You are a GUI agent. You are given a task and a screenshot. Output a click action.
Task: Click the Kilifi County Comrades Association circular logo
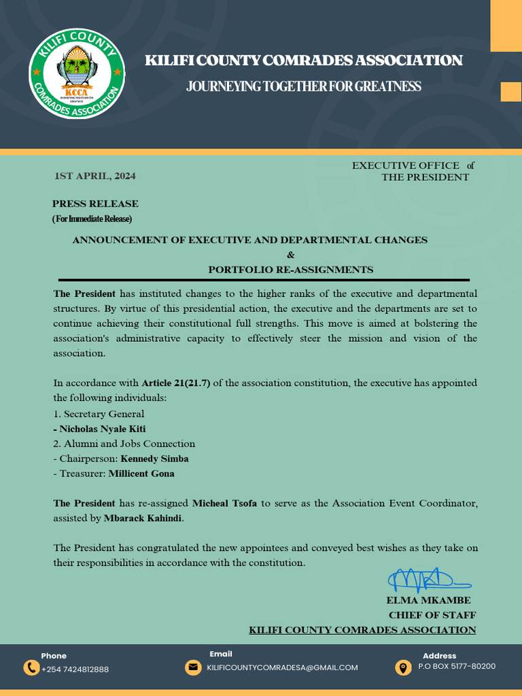[x=76, y=73]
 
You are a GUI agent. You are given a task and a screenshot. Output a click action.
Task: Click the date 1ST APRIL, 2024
[x=95, y=176]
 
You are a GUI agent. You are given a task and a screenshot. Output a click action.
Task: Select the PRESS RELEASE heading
[x=95, y=204]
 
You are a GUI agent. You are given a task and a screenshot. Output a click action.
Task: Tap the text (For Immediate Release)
[x=92, y=219]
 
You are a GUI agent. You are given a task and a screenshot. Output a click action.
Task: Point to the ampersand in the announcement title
[x=291, y=255]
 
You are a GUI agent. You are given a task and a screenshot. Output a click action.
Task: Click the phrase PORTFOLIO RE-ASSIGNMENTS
[x=291, y=270]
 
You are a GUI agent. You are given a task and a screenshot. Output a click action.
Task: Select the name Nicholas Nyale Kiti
[x=102, y=429]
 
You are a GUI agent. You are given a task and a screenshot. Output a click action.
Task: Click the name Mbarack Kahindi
[x=143, y=519]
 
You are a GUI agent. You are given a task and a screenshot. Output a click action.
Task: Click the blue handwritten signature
[x=428, y=580]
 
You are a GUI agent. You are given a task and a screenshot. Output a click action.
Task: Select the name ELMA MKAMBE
[x=428, y=601]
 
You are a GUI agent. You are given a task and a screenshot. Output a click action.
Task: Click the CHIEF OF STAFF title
[x=432, y=615]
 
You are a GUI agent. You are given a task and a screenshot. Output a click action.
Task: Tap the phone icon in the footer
[x=31, y=667]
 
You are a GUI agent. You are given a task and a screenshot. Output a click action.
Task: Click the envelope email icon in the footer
[x=193, y=667]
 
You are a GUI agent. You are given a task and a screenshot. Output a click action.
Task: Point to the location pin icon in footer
[x=403, y=667]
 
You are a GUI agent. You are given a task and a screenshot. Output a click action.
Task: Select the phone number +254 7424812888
[x=75, y=669]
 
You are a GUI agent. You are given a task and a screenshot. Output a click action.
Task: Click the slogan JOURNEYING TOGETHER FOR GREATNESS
[x=304, y=87]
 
